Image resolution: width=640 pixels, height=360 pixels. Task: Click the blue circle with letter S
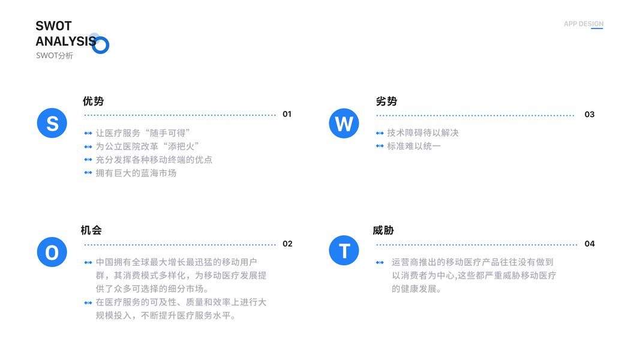pyautogui.click(x=52, y=123)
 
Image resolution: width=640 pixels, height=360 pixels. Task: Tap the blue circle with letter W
pyautogui.click(x=344, y=123)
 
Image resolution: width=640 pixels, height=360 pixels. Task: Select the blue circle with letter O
pyautogui.click(x=52, y=252)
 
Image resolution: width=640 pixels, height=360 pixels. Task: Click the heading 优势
pyautogui.click(x=94, y=101)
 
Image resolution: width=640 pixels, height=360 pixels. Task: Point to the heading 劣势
pyautogui.click(x=386, y=101)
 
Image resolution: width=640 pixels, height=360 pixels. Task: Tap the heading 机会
pyautogui.click(x=91, y=230)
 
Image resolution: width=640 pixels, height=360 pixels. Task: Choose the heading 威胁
pyautogui.click(x=383, y=230)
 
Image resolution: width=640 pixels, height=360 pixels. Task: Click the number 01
pyautogui.click(x=287, y=114)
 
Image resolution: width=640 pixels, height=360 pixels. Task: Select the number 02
pyautogui.click(x=287, y=244)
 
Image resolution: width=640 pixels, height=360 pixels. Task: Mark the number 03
pyautogui.click(x=589, y=114)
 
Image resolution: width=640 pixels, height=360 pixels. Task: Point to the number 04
pyautogui.click(x=590, y=244)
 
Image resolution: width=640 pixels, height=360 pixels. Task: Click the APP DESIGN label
pyautogui.click(x=583, y=24)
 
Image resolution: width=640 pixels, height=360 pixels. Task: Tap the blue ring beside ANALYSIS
pyautogui.click(x=101, y=45)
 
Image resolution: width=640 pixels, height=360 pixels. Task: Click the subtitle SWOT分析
pyautogui.click(x=55, y=56)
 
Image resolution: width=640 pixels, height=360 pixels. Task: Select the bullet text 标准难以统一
pyautogui.click(x=413, y=146)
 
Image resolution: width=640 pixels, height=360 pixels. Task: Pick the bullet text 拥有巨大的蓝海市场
pyautogui.click(x=136, y=173)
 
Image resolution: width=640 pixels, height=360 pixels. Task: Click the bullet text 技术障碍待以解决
pyautogui.click(x=422, y=133)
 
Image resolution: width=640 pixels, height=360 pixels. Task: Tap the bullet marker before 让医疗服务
pyautogui.click(x=88, y=133)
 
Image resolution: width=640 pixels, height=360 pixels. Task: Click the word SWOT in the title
pyautogui.click(x=53, y=26)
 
